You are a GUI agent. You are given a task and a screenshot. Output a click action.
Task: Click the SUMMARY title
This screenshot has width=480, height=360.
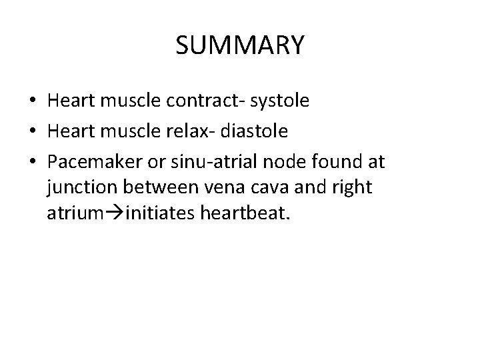tap(240, 45)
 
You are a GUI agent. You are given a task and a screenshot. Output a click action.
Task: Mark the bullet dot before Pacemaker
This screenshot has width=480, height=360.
tap(33, 162)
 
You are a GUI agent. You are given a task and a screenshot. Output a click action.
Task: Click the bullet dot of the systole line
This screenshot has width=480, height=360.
tap(33, 102)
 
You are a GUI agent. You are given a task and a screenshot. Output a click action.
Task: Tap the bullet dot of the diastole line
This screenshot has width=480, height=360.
tap(33, 132)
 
